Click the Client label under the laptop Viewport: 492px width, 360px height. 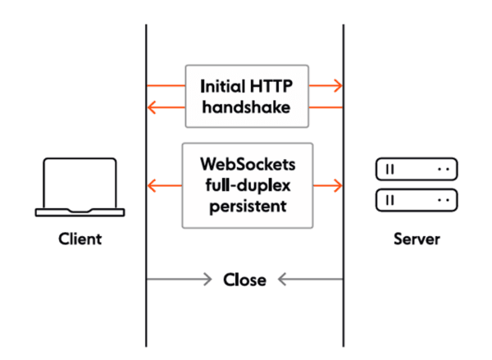tap(80, 239)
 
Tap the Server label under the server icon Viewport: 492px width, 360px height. tap(416, 239)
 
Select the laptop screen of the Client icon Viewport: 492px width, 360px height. tap(80, 185)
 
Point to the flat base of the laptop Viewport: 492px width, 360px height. tap(80, 212)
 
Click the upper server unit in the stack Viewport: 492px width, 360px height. tap(416, 170)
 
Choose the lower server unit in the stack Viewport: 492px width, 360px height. tap(416, 199)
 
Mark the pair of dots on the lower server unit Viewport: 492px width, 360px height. tap(444, 199)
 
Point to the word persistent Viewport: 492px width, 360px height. tap(245, 206)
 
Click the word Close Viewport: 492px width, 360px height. tap(244, 280)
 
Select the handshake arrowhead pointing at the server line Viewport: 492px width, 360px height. tap(337, 85)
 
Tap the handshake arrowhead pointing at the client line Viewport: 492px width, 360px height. tap(153, 107)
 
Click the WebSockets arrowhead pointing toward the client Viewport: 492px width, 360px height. tap(153, 186)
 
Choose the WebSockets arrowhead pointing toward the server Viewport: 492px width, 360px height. tap(337, 186)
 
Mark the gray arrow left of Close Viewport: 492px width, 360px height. tap(180, 280)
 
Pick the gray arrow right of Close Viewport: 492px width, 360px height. tap(310, 280)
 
